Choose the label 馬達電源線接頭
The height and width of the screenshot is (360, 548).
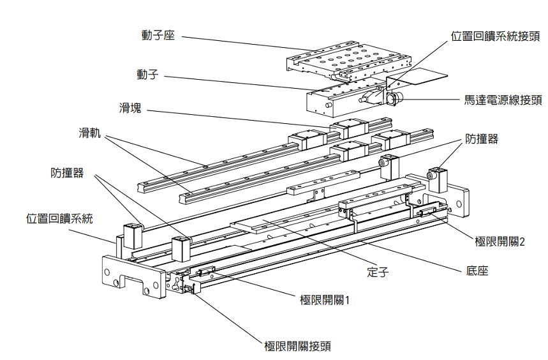[503, 100]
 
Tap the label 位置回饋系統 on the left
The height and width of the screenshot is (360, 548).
[60, 218]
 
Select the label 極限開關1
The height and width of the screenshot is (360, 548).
[325, 298]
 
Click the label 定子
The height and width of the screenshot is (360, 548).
[378, 271]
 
